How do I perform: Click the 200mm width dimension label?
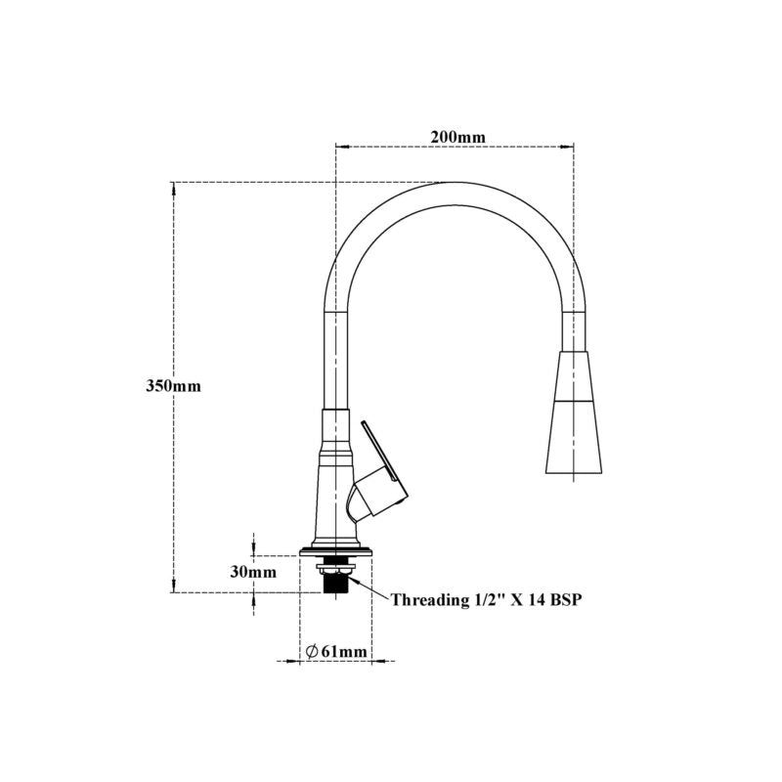pos(457,137)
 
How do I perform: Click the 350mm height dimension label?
pos(174,385)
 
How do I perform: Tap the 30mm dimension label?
pos(253,572)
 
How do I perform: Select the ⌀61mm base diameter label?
pos(336,651)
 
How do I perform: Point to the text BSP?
pos(566,599)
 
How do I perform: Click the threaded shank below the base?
pos(335,582)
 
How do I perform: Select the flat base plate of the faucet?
pos(335,552)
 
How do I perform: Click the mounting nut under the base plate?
pos(335,565)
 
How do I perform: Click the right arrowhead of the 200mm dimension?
pos(566,147)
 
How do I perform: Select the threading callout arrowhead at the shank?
pos(355,581)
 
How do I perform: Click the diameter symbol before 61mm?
pos(312,651)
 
